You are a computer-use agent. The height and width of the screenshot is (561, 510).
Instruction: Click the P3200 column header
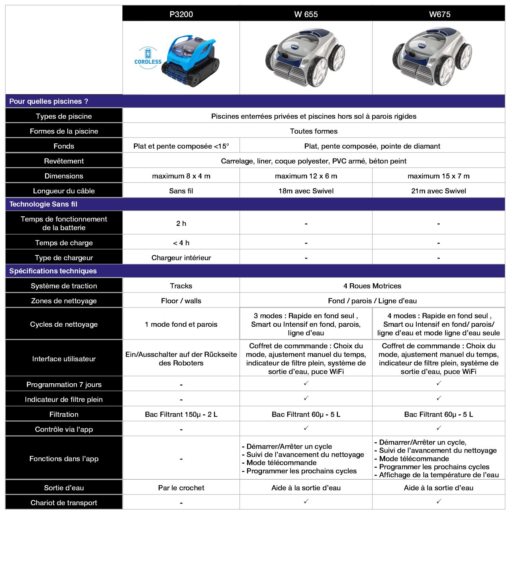(181, 14)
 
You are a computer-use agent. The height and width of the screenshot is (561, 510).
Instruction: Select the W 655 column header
(306, 14)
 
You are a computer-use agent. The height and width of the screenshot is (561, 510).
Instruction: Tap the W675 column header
(439, 14)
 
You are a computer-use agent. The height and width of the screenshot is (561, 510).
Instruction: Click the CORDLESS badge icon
(148, 58)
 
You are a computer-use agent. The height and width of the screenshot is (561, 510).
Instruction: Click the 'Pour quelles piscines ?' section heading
(49, 101)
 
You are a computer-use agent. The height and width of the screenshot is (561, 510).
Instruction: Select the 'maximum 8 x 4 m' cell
(181, 176)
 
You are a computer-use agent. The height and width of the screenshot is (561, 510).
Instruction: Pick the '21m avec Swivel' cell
(438, 191)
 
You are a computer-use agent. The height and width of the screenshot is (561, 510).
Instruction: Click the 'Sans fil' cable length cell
(181, 191)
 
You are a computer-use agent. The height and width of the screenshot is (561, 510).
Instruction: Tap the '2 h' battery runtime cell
(181, 224)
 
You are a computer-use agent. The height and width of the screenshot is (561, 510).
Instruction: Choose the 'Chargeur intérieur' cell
(181, 258)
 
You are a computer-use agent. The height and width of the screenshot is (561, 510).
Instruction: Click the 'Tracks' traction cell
(181, 286)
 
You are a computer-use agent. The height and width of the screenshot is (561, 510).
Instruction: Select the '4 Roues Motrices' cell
(372, 286)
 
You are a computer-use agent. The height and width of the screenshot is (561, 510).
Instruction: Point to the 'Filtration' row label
(64, 414)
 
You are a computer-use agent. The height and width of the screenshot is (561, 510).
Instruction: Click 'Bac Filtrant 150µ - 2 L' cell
(181, 414)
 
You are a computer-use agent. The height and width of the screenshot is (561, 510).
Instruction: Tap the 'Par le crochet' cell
(181, 488)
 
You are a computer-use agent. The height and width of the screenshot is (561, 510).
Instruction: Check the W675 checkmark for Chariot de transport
(439, 502)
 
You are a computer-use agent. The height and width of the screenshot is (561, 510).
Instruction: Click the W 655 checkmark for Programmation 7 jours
(306, 383)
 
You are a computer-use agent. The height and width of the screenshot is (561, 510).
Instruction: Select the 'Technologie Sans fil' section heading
(43, 204)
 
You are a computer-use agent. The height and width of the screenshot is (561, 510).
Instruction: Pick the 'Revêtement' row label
(64, 161)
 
